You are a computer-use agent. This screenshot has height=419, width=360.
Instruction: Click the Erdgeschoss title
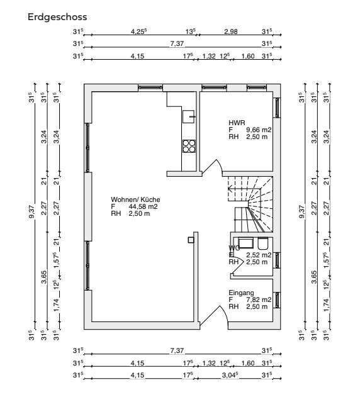[x=57, y=18]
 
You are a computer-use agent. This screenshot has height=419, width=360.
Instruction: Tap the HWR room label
[x=237, y=123]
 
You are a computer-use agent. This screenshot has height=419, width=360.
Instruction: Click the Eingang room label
[x=241, y=293]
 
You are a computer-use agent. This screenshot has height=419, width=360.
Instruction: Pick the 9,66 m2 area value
[x=259, y=130]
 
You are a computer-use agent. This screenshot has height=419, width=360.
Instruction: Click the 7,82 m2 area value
[x=259, y=300]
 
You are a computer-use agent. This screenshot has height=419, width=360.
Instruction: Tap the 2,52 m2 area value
[x=259, y=255]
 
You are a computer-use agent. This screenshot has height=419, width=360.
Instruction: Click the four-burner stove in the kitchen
[x=189, y=146]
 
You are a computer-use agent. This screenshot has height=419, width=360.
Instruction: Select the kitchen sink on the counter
[x=188, y=116]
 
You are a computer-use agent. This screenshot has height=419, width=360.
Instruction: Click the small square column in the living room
[x=189, y=238]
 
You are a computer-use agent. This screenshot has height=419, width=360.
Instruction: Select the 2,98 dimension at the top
[x=231, y=30]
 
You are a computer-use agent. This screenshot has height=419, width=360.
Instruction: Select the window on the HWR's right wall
[x=276, y=108]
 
